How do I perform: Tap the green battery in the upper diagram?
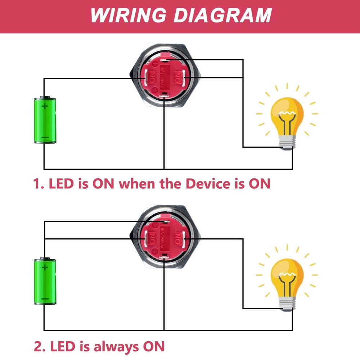[45, 120]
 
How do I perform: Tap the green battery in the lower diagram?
[45, 282]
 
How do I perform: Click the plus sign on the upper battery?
[45, 106]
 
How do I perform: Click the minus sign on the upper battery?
[45, 138]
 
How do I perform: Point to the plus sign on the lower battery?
[45, 267]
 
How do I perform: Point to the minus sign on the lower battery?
[45, 299]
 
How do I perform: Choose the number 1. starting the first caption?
[39, 184]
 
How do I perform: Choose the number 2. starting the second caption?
[39, 347]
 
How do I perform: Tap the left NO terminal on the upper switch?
[151, 77]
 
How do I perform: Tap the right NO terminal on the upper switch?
[177, 77]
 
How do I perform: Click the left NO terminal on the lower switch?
[151, 238]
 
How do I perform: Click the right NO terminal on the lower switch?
[177, 238]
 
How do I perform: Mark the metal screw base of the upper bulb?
[287, 144]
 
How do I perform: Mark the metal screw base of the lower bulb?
[287, 305]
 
